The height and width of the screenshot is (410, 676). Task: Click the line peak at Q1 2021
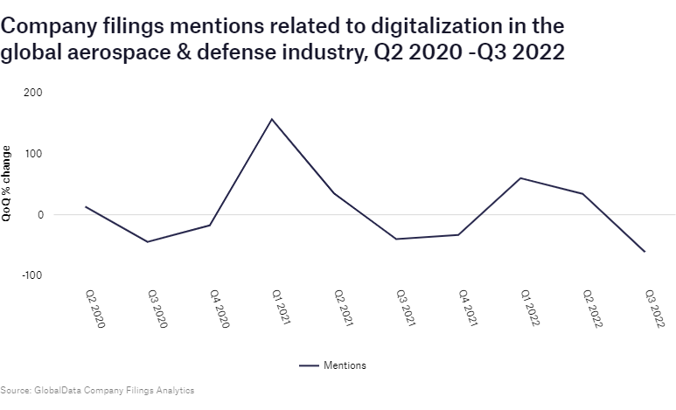[272, 119]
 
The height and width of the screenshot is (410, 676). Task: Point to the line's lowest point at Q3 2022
[645, 252]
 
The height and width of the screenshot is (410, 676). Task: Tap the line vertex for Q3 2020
[147, 242]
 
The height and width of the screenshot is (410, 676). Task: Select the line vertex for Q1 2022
[521, 178]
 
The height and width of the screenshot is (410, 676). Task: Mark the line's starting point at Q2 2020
[85, 207]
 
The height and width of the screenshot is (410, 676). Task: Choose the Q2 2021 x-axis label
[342, 309]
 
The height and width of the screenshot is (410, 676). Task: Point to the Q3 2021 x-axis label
[404, 309]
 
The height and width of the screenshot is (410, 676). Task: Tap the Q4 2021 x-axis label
[466, 309]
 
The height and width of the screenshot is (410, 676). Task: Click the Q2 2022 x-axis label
[591, 309]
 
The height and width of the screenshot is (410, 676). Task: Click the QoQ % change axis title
[7, 184]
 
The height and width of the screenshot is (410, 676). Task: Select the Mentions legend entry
[345, 365]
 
